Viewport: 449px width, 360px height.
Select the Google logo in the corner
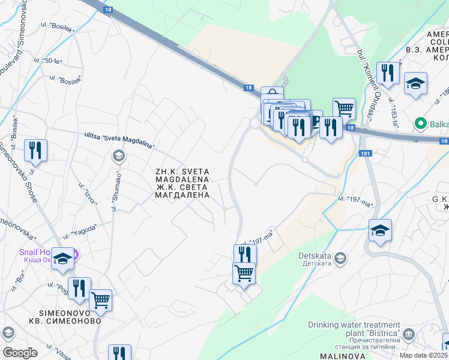pos(19,353)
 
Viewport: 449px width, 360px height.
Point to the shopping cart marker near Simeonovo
pos(100,299)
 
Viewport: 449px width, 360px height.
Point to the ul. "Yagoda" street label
pos(83,230)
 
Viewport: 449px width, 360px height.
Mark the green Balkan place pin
pos(421,124)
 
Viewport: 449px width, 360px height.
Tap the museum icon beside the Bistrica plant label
pos(409,334)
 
